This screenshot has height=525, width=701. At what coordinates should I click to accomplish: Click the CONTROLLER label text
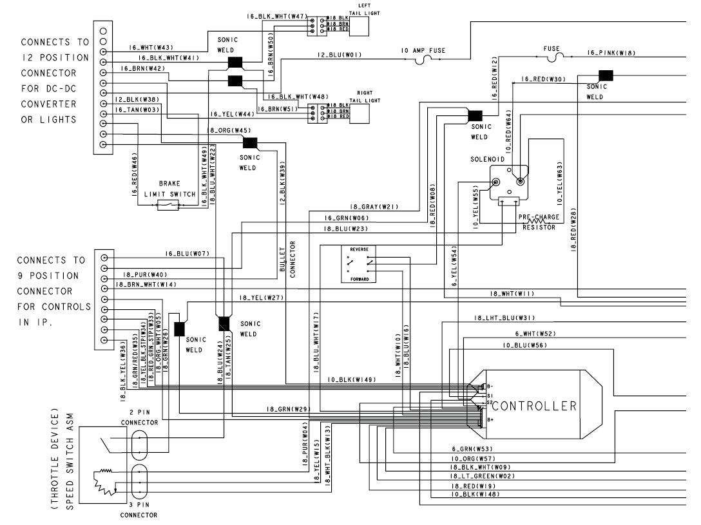tap(535, 406)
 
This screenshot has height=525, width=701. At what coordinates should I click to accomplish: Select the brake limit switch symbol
tap(169, 205)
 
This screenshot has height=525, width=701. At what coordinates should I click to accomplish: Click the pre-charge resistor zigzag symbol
tap(536, 221)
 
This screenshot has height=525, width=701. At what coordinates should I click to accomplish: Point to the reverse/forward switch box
tap(360, 264)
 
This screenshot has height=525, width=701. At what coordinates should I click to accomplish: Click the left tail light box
tap(359, 26)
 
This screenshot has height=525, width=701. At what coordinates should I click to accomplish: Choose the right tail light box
tap(359, 113)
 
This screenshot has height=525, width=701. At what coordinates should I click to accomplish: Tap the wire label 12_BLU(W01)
tap(340, 55)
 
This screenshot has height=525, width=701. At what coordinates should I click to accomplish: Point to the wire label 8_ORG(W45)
tap(230, 131)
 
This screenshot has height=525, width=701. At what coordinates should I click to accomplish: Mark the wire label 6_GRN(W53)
tap(472, 448)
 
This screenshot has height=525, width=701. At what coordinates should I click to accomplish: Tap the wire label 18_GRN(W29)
tap(288, 409)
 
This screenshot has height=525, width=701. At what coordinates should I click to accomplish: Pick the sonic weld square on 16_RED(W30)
tap(605, 75)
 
